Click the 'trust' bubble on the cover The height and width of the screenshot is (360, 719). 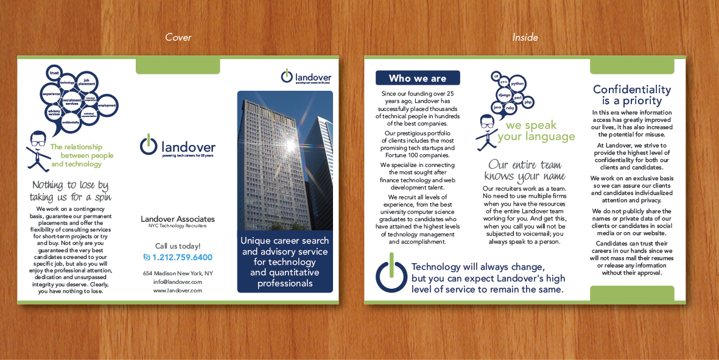54,73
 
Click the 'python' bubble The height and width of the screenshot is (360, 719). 517,83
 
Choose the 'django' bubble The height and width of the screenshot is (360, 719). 504,95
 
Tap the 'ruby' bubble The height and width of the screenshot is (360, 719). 510,108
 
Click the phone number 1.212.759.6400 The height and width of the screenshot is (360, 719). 182,258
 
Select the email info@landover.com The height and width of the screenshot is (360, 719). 177,282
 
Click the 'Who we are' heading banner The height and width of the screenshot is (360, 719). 418,78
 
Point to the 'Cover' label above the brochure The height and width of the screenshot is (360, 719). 178,38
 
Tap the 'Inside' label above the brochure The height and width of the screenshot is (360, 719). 525,38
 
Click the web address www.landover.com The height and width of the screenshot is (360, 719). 177,291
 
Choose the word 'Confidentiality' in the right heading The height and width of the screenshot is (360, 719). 632,90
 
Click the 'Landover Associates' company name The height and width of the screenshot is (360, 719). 177,219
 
